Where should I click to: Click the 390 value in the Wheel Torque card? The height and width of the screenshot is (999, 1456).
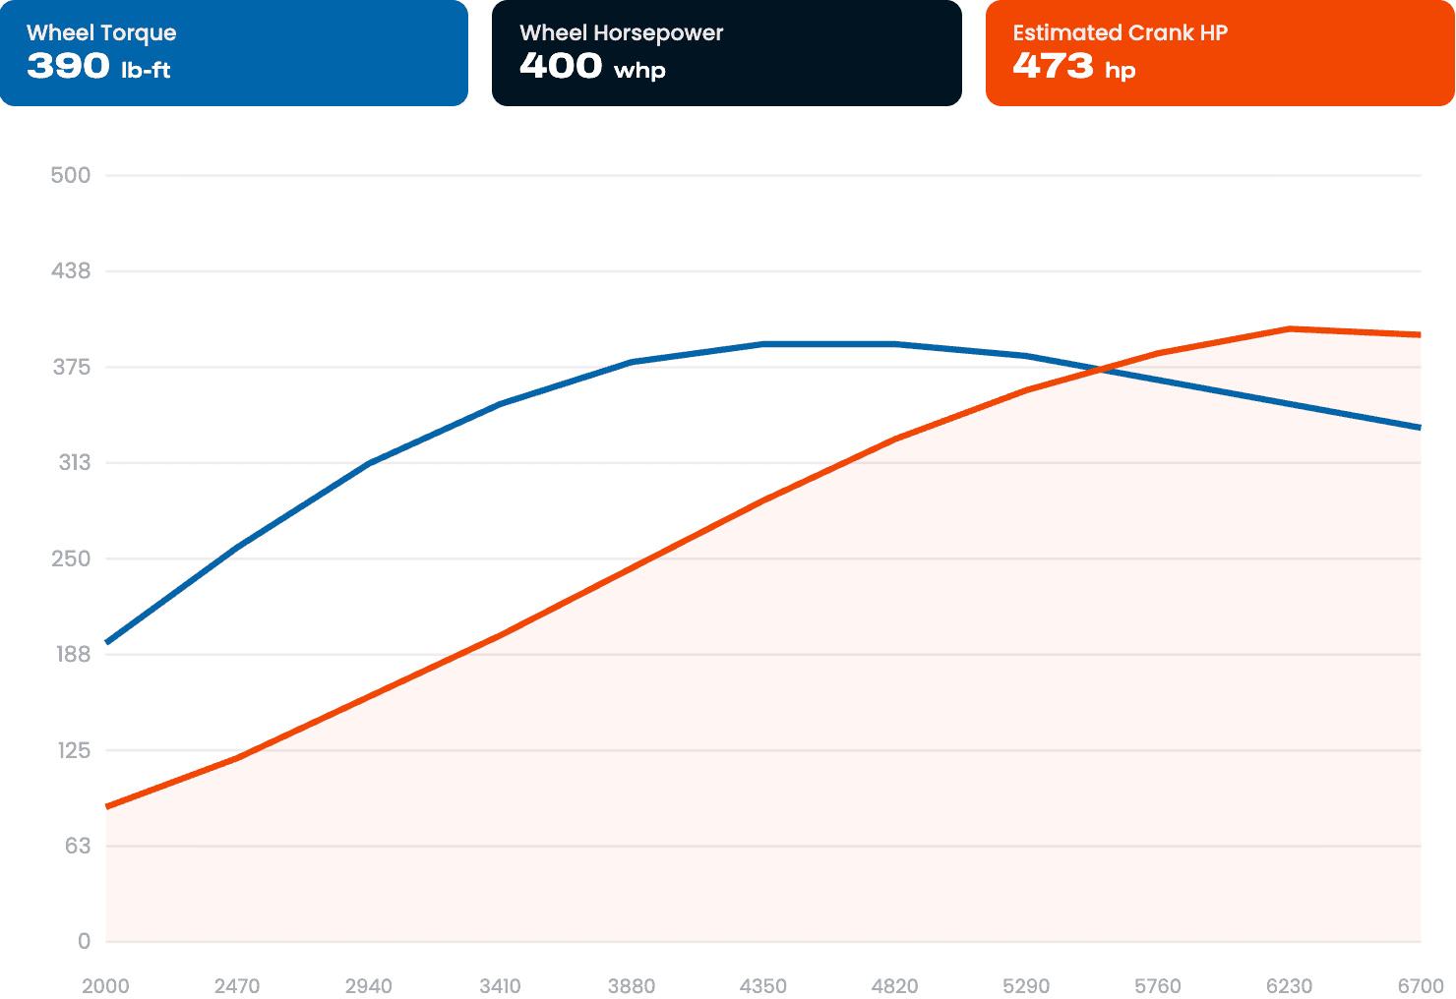(68, 66)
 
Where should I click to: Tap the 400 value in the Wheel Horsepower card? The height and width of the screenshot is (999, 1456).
(561, 66)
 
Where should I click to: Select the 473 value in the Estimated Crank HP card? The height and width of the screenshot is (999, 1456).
(1053, 66)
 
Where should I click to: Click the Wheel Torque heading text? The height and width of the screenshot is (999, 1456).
(101, 32)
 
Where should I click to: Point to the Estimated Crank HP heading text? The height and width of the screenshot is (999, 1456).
(1120, 32)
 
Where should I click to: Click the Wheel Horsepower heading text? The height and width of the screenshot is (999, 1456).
(622, 32)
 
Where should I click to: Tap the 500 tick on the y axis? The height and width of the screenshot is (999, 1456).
(71, 175)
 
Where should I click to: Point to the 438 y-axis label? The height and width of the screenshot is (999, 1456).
(71, 270)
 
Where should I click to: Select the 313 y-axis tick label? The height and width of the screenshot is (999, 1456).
(74, 462)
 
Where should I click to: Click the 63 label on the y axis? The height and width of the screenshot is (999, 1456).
(78, 846)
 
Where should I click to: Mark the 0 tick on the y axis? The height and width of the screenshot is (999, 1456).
(84, 941)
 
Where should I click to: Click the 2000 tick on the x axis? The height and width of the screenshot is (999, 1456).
(105, 986)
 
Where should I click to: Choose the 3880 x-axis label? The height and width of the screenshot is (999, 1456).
(632, 986)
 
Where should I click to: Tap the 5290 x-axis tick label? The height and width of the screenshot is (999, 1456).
(1026, 986)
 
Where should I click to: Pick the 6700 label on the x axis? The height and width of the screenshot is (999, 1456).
(1421, 986)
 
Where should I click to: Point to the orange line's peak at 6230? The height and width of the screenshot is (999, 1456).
(1289, 328)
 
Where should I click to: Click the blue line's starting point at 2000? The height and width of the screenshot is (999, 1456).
(106, 643)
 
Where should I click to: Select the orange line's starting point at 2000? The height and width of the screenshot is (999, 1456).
(106, 807)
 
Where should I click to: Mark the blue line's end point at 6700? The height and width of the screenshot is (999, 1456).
(1421, 428)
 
